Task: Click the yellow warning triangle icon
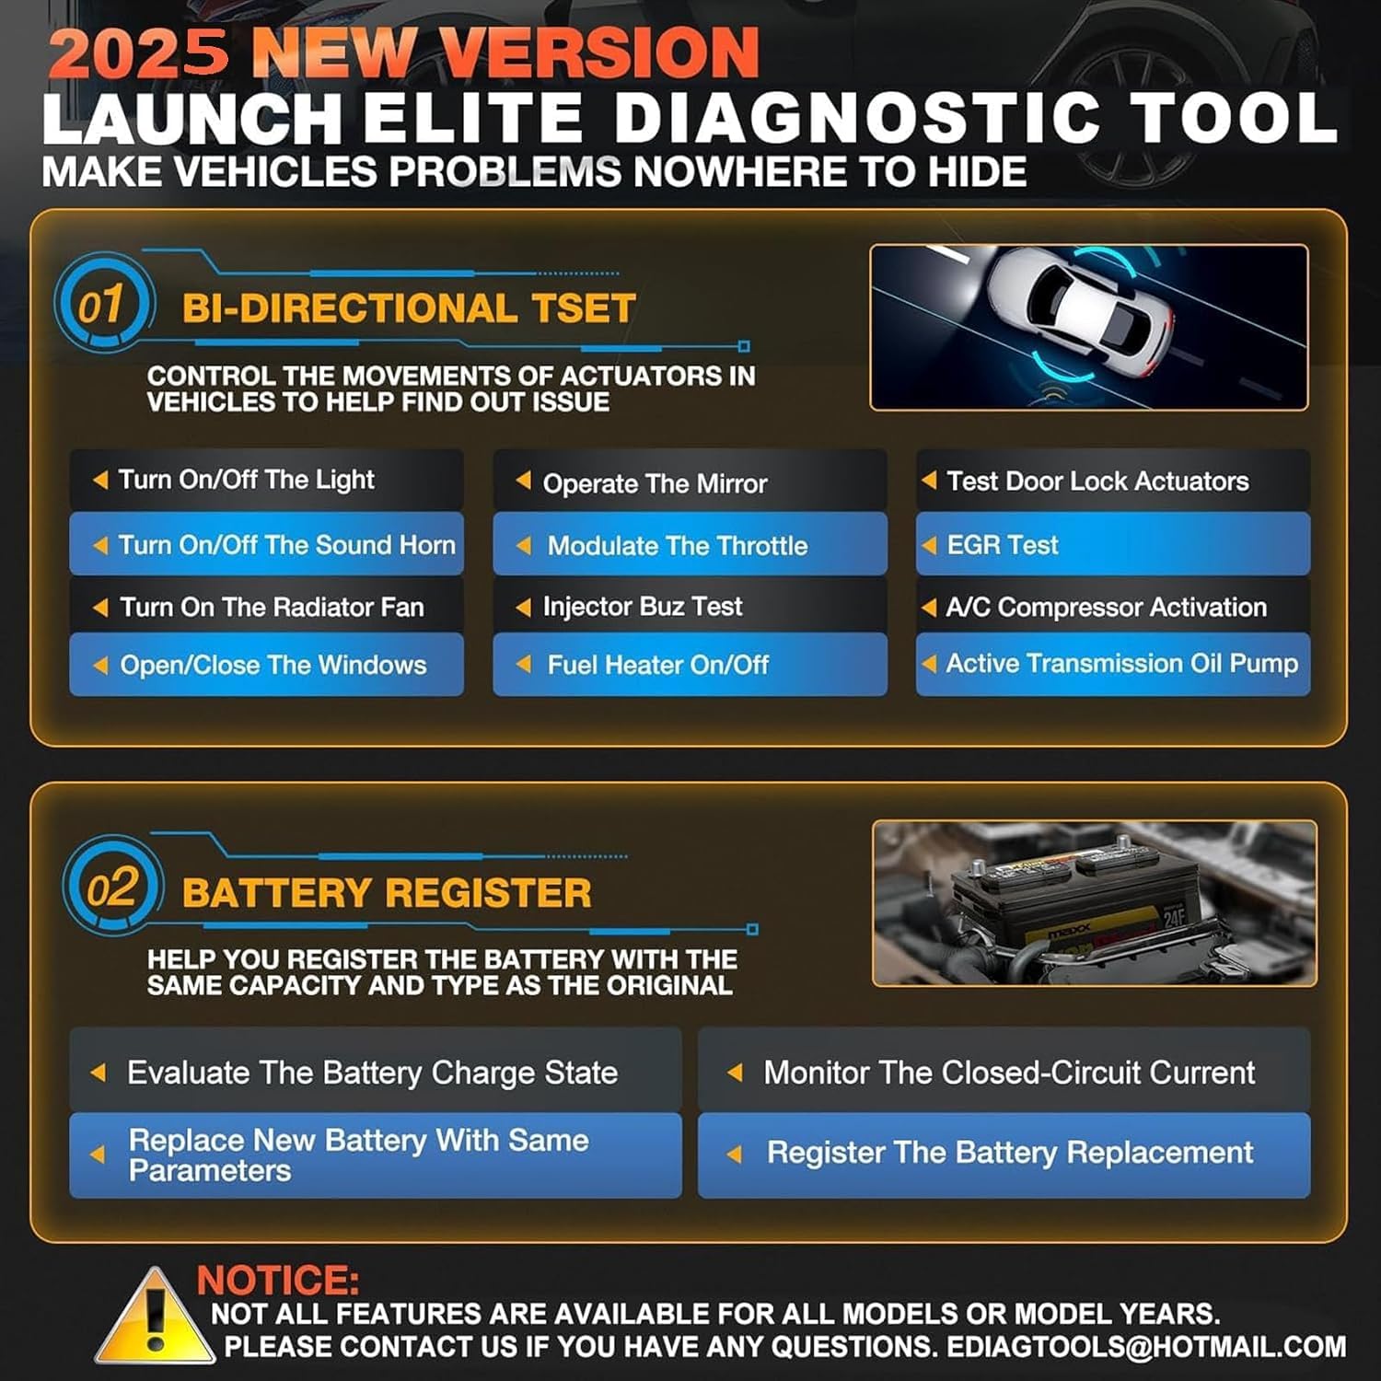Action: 155,1318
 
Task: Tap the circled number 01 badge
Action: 101,304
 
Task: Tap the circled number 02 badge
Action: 112,888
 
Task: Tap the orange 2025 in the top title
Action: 138,53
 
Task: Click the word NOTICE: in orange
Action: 277,1281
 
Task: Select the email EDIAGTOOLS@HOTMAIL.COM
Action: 1146,1347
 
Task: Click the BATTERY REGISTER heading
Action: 387,893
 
